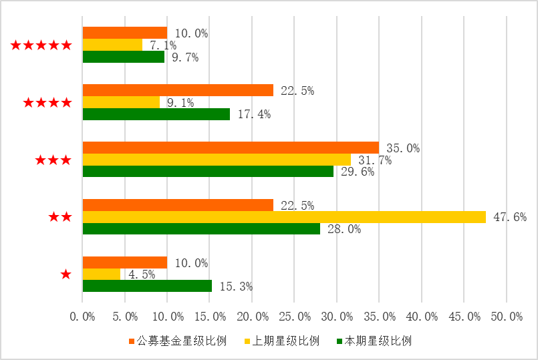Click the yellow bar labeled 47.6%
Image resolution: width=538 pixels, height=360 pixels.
284,216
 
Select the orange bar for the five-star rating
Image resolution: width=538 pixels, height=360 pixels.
124,33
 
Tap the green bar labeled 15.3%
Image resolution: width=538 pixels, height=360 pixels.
147,286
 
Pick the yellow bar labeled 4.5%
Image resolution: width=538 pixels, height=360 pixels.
102,274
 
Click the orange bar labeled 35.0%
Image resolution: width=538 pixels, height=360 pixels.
231,148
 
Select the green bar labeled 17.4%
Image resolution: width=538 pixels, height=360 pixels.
156,114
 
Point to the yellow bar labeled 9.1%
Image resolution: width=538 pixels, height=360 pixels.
121,102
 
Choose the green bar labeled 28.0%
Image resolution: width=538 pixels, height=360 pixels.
201,228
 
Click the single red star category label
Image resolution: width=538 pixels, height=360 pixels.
65,275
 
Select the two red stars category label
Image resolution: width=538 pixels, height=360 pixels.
59,217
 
